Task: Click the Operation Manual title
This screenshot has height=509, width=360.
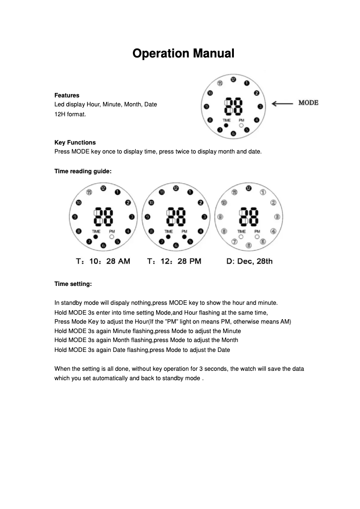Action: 183,53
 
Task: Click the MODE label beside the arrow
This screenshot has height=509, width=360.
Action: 308,103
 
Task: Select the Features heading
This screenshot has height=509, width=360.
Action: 67,95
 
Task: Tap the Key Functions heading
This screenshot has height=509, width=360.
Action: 75,142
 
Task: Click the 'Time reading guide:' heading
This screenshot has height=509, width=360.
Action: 83,171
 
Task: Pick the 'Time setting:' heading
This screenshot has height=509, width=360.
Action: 73,284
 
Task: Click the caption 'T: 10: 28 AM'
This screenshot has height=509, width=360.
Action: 103,261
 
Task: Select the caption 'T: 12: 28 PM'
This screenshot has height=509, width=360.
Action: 174,261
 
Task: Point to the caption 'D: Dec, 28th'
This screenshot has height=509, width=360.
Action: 249,261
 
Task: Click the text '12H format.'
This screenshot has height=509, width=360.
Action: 70,114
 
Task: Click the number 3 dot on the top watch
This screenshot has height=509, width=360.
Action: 260,106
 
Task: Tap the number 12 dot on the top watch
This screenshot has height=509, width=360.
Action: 233,79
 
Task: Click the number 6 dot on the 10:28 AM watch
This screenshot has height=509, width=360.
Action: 103,245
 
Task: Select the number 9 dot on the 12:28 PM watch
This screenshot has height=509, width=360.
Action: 147,217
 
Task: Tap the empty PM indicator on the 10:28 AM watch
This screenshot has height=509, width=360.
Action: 111,236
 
